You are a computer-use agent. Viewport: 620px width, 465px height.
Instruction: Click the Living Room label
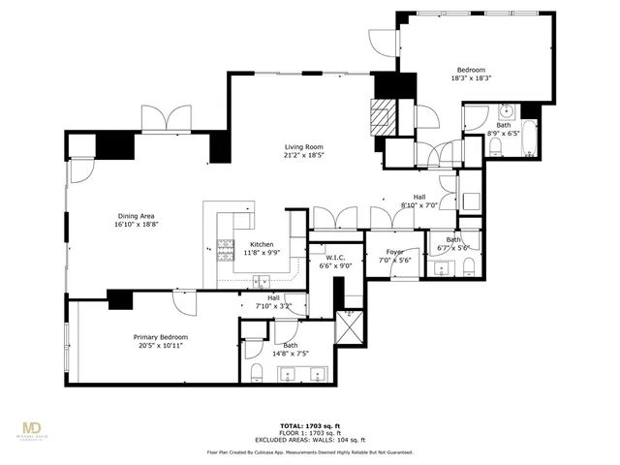pyautogui.click(x=303, y=146)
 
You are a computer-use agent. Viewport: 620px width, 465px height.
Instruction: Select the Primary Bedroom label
pyautogui.click(x=161, y=337)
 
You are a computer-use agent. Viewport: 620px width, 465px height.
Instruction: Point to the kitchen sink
pyautogui.click(x=262, y=282)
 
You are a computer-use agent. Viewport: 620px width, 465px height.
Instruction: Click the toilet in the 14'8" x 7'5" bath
pyautogui.click(x=257, y=375)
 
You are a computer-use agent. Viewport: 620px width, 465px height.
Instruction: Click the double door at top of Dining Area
pyautogui.click(x=157, y=121)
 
